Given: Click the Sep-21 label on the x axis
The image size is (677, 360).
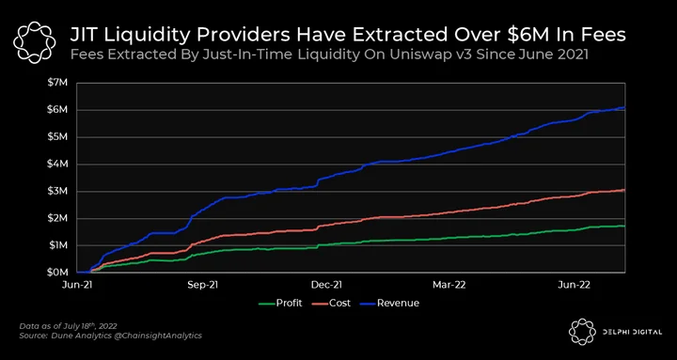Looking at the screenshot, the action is point(204,285).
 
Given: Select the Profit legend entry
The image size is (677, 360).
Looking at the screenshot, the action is point(280,303).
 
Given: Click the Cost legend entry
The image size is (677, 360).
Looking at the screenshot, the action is point(332,303).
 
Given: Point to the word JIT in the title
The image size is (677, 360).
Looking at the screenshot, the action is point(84,35).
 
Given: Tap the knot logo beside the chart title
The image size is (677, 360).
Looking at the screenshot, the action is point(35,42).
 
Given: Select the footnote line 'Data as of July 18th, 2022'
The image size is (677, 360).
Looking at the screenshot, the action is point(69,325).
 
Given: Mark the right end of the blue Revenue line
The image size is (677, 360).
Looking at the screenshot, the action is point(624,107).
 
